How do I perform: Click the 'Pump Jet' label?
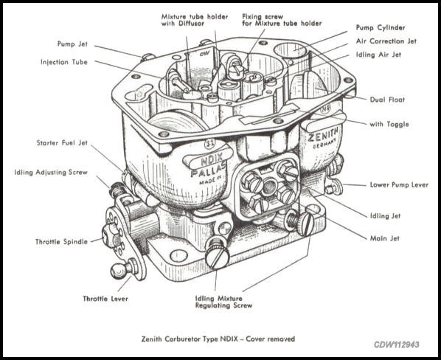tap(75, 44)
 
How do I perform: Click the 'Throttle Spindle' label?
tap(62, 241)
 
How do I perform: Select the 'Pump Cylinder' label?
tap(382, 27)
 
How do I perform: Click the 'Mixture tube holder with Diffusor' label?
tap(188, 18)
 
